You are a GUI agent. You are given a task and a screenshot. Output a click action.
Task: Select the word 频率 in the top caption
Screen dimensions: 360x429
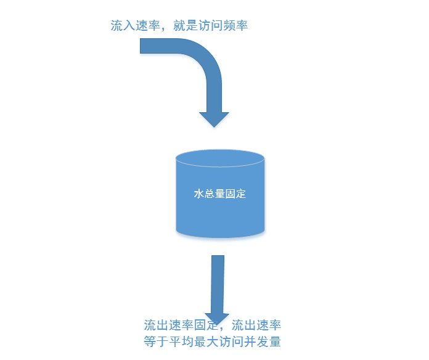click(235, 26)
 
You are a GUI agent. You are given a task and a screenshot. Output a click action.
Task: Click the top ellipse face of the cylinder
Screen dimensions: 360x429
click(220, 158)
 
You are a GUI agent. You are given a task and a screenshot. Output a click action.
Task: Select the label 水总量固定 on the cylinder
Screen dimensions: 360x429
click(220, 194)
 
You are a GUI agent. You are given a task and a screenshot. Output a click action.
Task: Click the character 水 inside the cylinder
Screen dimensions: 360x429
click(198, 194)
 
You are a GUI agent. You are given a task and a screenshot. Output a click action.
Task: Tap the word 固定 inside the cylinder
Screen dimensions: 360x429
click(236, 194)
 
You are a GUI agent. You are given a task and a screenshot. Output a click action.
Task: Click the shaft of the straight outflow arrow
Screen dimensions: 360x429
click(217, 284)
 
